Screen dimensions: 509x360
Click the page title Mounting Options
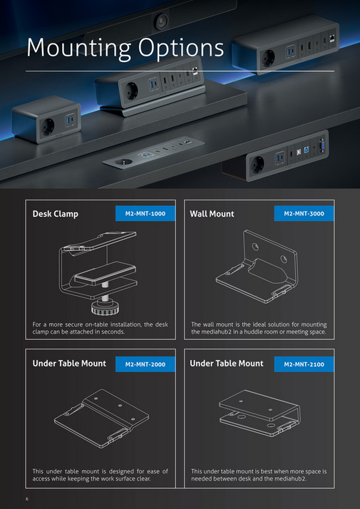click(x=125, y=48)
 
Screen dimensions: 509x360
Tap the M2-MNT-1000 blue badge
click(x=145, y=213)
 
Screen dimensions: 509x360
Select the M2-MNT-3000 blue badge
click(x=304, y=213)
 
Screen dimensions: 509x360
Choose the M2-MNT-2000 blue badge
click(x=145, y=364)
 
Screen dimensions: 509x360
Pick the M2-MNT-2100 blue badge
click(x=304, y=364)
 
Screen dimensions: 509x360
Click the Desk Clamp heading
click(x=56, y=214)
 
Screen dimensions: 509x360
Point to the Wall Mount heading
click(x=212, y=214)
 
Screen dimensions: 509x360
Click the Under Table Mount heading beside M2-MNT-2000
click(x=69, y=364)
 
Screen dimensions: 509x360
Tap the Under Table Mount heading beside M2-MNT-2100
click(x=227, y=364)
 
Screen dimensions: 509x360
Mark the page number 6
click(x=26, y=498)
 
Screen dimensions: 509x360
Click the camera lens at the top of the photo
click(x=163, y=19)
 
